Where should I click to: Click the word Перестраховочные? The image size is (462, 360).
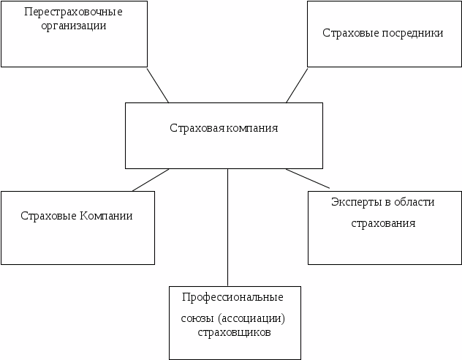73,12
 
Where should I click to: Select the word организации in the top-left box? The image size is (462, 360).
73,25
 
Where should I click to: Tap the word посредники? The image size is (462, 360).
414,33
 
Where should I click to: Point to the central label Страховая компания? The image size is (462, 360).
224,128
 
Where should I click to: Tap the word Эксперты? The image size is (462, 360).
353,202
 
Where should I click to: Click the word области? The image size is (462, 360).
414,202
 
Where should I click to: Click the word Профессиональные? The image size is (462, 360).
233,297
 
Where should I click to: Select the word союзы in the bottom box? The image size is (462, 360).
197,319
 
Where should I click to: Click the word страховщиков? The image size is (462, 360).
234,331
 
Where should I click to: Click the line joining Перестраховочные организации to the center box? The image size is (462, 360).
158,85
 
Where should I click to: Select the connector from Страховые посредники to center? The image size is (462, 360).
296,85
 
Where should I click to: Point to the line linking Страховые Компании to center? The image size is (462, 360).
151,180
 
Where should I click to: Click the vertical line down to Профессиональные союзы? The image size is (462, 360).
227,227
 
